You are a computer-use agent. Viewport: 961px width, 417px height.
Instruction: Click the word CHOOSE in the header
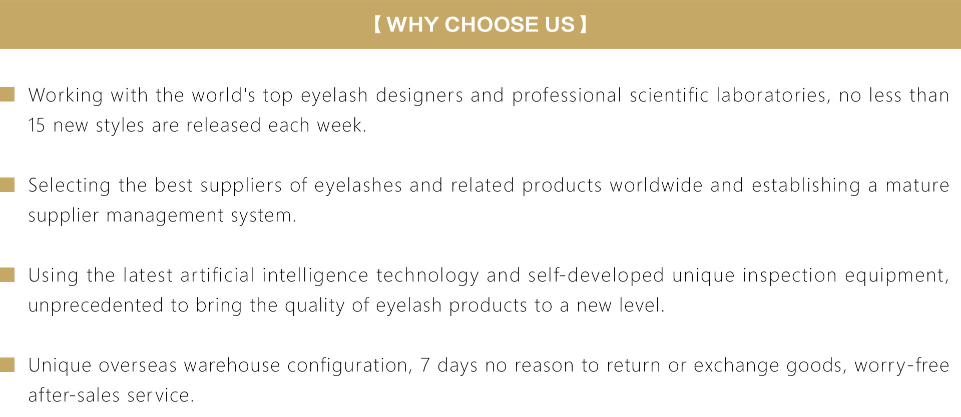point(492,24)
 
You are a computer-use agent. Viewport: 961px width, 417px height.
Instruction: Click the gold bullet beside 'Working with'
point(8,94)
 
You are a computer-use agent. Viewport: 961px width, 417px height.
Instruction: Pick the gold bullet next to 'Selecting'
point(8,184)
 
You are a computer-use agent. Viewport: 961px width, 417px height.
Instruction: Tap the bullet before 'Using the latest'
point(8,274)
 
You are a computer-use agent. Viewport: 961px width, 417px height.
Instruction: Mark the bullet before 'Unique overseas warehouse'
point(8,364)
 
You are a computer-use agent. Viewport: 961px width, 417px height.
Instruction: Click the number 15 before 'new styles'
point(37,125)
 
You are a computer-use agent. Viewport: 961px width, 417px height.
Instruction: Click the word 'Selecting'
point(70,185)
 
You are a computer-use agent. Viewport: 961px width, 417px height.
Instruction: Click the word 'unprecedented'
point(96,305)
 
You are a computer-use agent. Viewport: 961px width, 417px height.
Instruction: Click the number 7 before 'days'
point(425,365)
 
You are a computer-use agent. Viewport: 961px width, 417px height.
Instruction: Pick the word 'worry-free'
point(902,365)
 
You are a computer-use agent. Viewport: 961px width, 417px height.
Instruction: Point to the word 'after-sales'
point(74,395)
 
